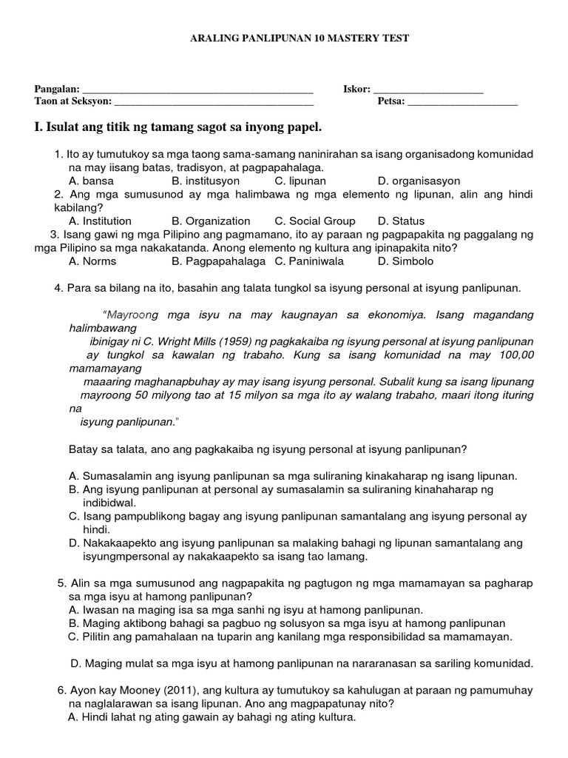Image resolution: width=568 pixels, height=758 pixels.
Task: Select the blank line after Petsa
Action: [x=462, y=103]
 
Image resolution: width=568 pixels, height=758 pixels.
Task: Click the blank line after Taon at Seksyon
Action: [x=214, y=103]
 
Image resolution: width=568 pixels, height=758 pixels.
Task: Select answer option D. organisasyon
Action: [x=419, y=181]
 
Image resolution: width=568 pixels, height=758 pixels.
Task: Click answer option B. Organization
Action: [x=211, y=221]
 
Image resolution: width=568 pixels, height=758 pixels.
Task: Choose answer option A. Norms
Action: [x=92, y=261]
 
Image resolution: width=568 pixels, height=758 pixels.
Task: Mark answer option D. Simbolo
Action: [x=405, y=261]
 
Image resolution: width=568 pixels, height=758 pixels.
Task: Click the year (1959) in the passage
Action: [x=226, y=341]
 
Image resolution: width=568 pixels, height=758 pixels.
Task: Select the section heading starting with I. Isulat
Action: [x=178, y=129]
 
